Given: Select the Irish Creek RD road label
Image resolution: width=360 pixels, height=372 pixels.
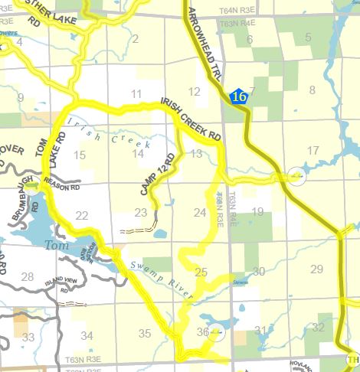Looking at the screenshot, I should (x=191, y=119).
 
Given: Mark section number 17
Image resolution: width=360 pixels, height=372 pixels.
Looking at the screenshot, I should (x=312, y=150).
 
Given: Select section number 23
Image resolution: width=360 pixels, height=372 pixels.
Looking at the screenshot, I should (x=141, y=213).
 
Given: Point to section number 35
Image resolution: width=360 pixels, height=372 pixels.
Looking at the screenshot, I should (x=145, y=332).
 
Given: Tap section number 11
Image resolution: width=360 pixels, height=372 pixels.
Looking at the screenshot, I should (x=137, y=94).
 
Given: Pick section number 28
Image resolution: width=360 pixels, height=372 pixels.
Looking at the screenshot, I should (x=28, y=276).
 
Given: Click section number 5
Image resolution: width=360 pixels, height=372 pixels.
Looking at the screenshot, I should (x=309, y=37).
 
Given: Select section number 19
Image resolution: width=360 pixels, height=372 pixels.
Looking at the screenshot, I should (x=258, y=211).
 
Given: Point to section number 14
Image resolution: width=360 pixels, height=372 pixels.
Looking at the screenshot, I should (x=138, y=153).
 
